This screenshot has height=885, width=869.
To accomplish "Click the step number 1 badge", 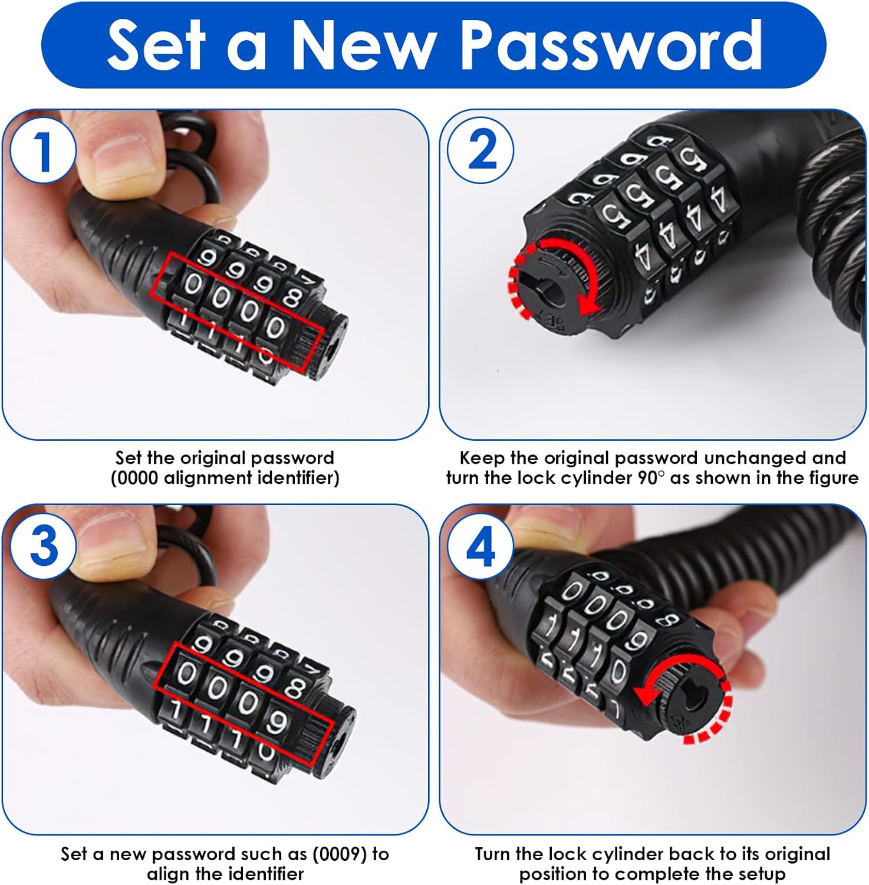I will click(42, 152).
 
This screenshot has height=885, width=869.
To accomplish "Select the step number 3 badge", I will click(42, 546).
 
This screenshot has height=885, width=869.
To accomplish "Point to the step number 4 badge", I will click(481, 548).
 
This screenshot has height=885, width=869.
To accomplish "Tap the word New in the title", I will click(363, 45).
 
